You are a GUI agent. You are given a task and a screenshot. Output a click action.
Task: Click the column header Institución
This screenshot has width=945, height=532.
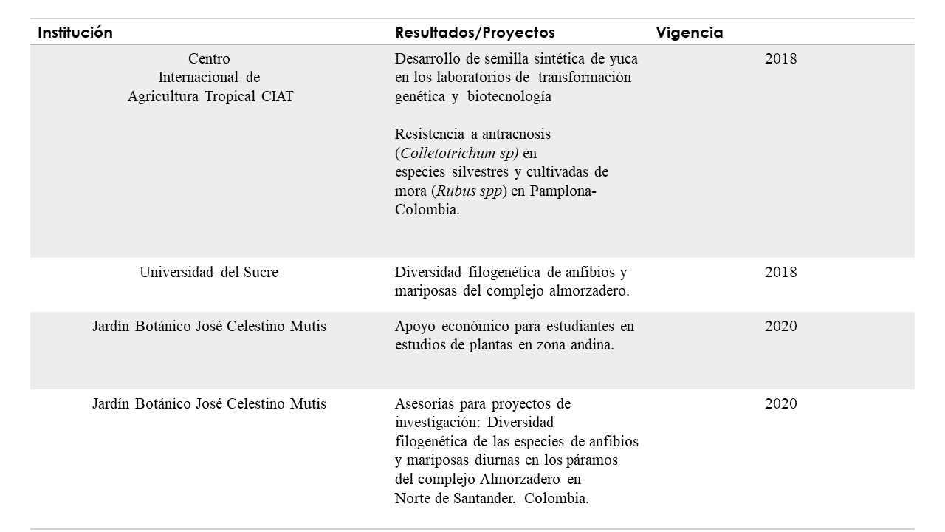pyautogui.click(x=75, y=33)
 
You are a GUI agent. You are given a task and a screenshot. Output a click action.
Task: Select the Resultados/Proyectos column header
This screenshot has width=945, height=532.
pyautogui.click(x=475, y=33)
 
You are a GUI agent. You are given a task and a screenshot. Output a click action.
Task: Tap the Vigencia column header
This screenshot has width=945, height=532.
pyautogui.click(x=689, y=33)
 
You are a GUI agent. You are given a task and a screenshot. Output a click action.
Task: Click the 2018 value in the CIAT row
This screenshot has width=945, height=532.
pyautogui.click(x=780, y=58)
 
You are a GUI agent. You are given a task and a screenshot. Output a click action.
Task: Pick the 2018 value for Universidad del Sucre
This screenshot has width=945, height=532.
pyautogui.click(x=780, y=272)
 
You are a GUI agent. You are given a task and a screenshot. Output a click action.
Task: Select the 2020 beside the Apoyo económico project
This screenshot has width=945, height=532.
pyautogui.click(x=780, y=326)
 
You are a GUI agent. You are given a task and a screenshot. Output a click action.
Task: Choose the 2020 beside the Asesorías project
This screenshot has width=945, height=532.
pyautogui.click(x=780, y=403)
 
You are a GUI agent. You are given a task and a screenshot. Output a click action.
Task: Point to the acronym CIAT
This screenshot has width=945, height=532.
pyautogui.click(x=277, y=97)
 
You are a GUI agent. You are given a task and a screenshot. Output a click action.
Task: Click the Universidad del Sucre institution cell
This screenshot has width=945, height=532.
pyautogui.click(x=209, y=272)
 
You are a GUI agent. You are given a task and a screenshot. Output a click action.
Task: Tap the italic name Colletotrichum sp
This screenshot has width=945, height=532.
pyautogui.click(x=458, y=153)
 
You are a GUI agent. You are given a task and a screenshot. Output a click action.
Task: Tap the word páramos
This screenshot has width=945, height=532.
pyautogui.click(x=594, y=460)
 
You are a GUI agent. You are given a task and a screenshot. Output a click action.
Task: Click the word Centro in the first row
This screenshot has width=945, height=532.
pyautogui.click(x=209, y=58)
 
